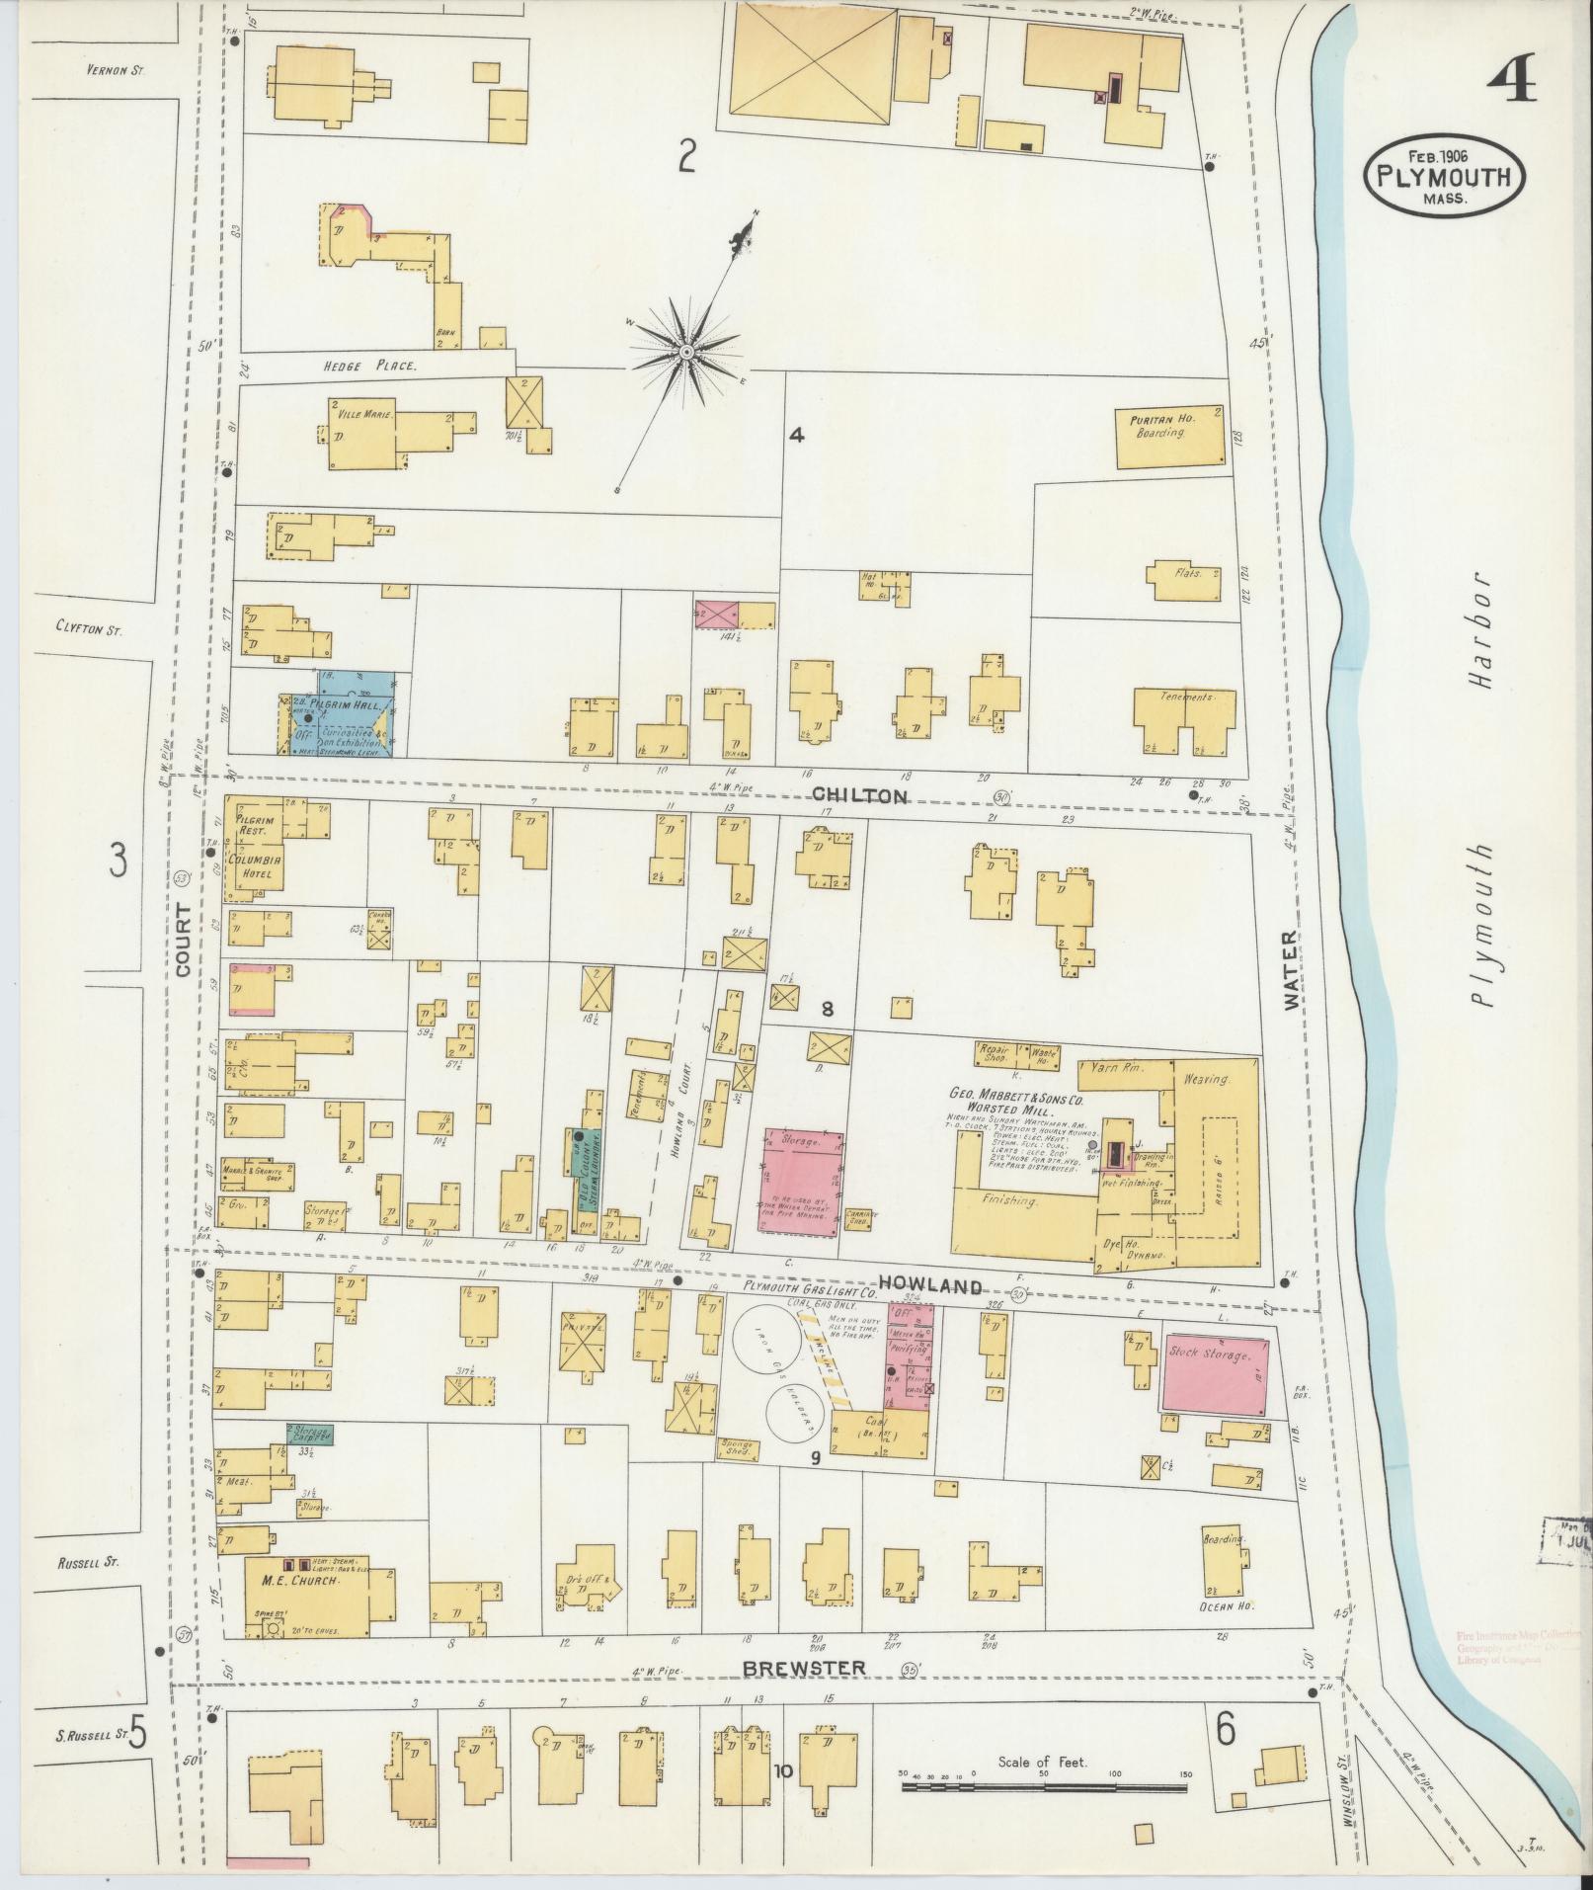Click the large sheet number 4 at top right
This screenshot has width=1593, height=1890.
point(1510,80)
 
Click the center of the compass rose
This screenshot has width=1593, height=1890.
point(684,352)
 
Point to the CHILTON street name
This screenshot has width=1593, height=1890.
point(858,795)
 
